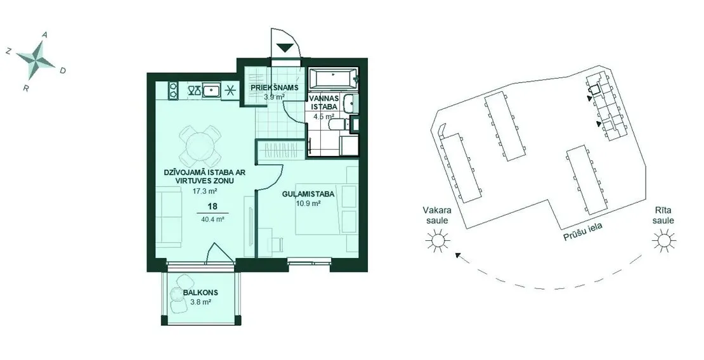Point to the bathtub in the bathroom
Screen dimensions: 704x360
[x=334, y=79]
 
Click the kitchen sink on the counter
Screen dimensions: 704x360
[x=211, y=90]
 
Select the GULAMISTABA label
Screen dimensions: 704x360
[x=308, y=195]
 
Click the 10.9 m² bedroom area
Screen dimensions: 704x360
[x=308, y=203]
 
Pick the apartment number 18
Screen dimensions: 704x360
[x=212, y=207]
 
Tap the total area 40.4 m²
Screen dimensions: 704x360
[x=213, y=219]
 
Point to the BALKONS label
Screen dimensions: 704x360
[x=200, y=292]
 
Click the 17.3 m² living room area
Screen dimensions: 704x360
[x=205, y=191]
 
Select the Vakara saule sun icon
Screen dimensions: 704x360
[x=438, y=241]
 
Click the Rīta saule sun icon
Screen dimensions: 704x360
[x=665, y=241]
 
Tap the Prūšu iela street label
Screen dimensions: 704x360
[x=583, y=231]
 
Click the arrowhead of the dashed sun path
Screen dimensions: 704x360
[x=459, y=256]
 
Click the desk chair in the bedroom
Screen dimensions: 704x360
[x=275, y=245]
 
